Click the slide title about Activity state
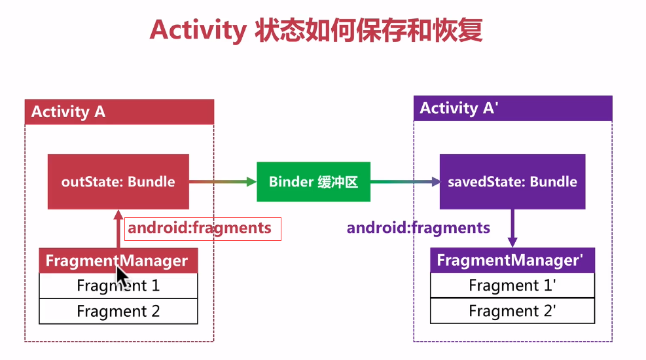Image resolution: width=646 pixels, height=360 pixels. pos(315,30)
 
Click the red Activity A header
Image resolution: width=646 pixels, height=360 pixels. pos(119,111)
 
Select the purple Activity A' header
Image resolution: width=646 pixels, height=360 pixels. pos(512,108)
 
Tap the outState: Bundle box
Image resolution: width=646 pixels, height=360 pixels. pos(118,181)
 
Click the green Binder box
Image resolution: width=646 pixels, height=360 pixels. pos(313,181)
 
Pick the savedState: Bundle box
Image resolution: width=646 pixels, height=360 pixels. pos(512,181)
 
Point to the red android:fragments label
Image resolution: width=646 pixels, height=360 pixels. pos(200,228)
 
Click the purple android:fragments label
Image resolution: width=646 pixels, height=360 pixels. pos(418,228)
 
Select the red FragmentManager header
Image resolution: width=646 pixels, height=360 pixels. pos(118,261)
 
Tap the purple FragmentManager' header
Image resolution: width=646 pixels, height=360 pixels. pos(512,260)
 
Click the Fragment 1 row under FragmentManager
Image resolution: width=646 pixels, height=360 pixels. pos(118,285)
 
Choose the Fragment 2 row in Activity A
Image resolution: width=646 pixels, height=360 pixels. pos(118,311)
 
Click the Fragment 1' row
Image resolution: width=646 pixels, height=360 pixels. pos(512,285)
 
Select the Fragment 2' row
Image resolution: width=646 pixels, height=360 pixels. pos(512,311)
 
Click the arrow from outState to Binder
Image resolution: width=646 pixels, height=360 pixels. pos(223,181)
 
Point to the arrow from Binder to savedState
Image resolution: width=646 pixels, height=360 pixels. pos(404,181)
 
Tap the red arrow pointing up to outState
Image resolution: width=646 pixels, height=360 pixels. pos(118,229)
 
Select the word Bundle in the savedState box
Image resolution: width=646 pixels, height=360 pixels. pos(553,181)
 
